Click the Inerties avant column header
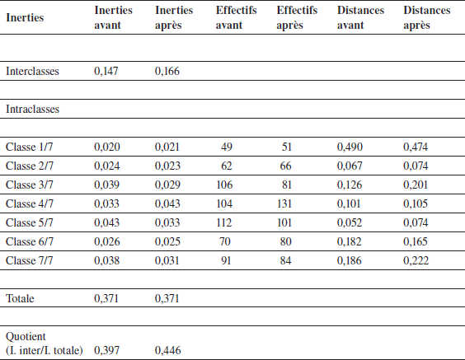(x=113, y=17)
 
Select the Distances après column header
(x=427, y=17)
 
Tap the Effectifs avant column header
(x=236, y=17)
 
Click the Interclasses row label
(x=32, y=71)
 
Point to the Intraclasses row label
(x=33, y=109)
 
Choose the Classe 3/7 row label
(x=30, y=185)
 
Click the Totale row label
(x=20, y=298)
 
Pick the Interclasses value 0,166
(x=167, y=71)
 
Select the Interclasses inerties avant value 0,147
(x=106, y=71)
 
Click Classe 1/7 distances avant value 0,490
(x=350, y=147)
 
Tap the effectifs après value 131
(x=284, y=203)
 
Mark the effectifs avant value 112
(x=224, y=222)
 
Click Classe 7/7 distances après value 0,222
(x=416, y=261)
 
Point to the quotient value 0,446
(x=168, y=350)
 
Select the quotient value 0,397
(x=106, y=350)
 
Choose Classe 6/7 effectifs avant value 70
(x=225, y=241)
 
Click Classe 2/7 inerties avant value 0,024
(x=106, y=166)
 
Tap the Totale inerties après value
(x=167, y=298)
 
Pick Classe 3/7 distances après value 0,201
(x=416, y=185)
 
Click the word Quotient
(x=26, y=337)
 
